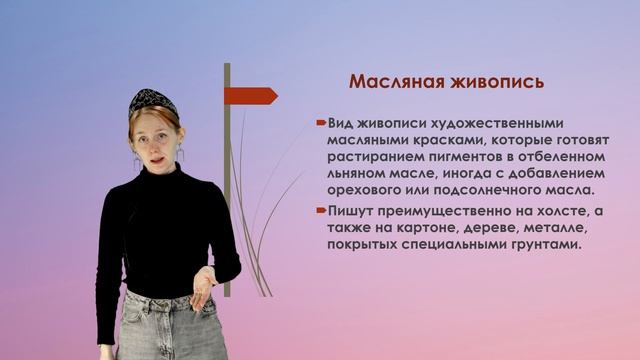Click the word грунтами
click(x=551, y=244)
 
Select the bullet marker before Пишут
click(x=320, y=211)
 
